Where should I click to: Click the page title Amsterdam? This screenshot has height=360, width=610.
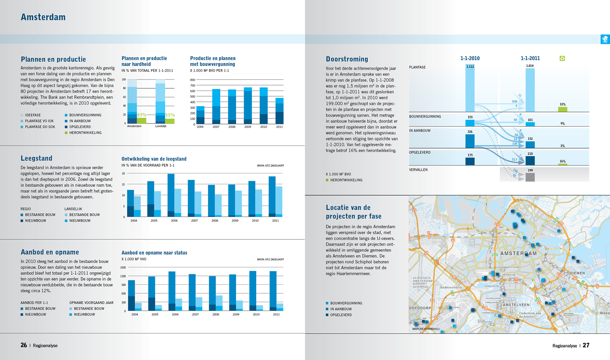click(43, 17)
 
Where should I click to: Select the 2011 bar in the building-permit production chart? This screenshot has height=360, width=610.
click(279, 111)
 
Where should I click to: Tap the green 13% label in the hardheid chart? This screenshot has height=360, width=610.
click(141, 115)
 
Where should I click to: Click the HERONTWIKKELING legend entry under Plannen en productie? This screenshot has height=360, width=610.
click(85, 133)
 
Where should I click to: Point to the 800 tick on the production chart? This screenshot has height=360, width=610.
click(193, 80)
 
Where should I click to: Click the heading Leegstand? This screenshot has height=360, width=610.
click(37, 158)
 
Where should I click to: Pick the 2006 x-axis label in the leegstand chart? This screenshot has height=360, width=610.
click(174, 221)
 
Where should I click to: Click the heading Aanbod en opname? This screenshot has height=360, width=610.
click(50, 252)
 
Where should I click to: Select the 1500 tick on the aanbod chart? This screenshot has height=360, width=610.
click(123, 268)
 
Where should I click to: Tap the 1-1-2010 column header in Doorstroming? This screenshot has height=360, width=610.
click(470, 58)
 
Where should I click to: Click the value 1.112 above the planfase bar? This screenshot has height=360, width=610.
click(470, 67)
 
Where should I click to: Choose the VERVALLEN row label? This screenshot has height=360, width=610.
click(418, 170)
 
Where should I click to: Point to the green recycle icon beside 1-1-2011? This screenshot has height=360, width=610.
click(562, 58)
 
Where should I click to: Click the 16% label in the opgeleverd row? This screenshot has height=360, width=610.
click(562, 161)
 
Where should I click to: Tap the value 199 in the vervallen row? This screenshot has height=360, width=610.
click(530, 170)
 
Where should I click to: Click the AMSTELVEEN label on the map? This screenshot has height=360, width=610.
click(516, 305)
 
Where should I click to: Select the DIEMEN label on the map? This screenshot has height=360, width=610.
click(577, 273)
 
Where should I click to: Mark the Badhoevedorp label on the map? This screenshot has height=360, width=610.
click(451, 288)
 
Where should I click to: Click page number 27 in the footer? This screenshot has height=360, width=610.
click(586, 345)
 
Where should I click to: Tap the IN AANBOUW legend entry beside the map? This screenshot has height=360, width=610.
click(341, 309)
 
